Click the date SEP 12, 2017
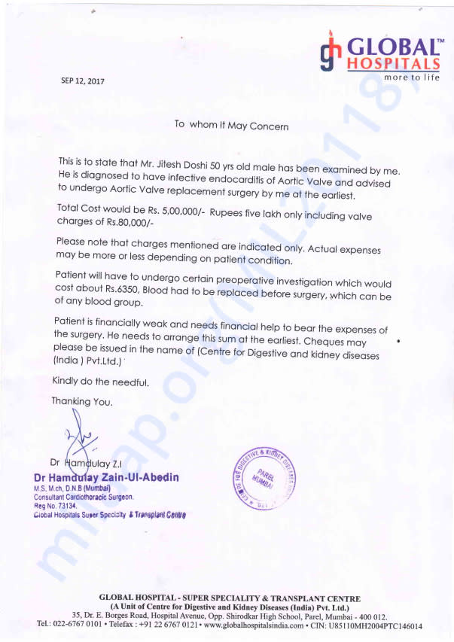[83, 81]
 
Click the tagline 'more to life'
[411, 78]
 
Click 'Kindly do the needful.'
[100, 382]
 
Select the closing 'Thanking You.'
[82, 402]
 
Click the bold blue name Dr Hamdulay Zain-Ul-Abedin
[106, 477]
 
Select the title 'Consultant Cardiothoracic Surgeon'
[84, 497]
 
